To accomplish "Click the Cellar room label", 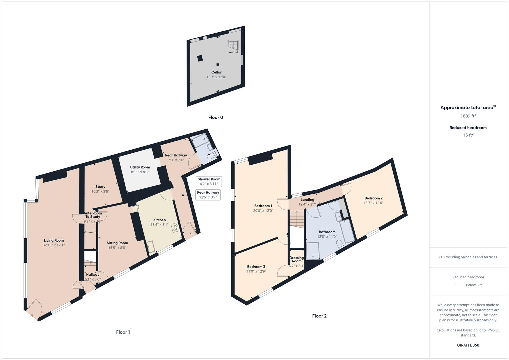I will pyautogui.click(x=216, y=72).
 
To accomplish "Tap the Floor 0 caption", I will pyautogui.click(x=216, y=117).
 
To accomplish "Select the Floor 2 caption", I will pyautogui.click(x=319, y=316).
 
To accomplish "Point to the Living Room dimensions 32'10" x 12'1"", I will pyautogui.click(x=54, y=245).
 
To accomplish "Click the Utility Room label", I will pyautogui.click(x=140, y=167).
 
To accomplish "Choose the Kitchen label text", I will pyautogui.click(x=159, y=220).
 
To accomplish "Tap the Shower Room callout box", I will pyautogui.click(x=209, y=181).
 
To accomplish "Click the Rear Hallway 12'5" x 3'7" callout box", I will pyautogui.click(x=208, y=195).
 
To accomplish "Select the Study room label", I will pyautogui.click(x=100, y=187).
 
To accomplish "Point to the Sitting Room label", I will pyautogui.click(x=117, y=243).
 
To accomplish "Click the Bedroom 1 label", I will pyautogui.click(x=263, y=206).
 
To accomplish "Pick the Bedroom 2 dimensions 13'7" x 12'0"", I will pyautogui.click(x=373, y=203).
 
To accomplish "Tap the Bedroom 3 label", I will pyautogui.click(x=256, y=267).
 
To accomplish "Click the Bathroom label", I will pyautogui.click(x=327, y=232).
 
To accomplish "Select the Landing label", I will pyautogui.click(x=307, y=200).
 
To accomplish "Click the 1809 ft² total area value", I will pyautogui.click(x=468, y=116).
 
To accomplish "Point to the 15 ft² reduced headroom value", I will pyautogui.click(x=468, y=135).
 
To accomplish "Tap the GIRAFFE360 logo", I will pyautogui.click(x=468, y=345).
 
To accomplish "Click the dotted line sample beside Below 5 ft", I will pyautogui.click(x=459, y=285).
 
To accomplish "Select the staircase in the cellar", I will pyautogui.click(x=233, y=46).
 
